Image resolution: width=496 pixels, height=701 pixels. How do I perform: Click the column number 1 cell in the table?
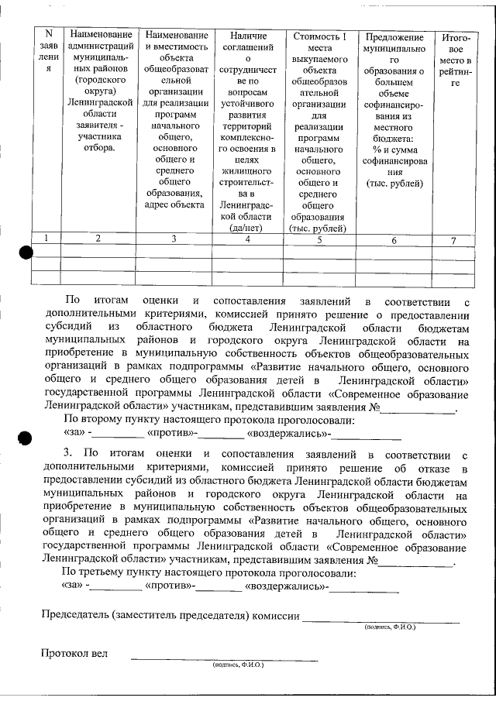(48, 239)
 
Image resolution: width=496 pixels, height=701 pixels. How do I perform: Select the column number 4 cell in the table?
(247, 239)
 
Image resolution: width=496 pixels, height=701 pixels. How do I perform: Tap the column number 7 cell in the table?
(453, 240)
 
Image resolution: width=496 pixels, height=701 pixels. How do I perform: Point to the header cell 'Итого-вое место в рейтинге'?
(453, 60)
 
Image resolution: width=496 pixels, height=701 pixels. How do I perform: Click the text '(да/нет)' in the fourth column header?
(247, 229)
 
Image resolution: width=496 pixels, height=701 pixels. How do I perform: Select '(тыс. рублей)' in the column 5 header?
(318, 229)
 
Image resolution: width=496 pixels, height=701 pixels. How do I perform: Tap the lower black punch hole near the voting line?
(25, 439)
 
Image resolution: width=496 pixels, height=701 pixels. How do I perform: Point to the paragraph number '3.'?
(68, 453)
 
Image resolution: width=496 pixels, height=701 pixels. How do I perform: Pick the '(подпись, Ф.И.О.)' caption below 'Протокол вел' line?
(238, 665)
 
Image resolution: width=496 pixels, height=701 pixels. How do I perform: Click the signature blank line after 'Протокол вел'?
(224, 658)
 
